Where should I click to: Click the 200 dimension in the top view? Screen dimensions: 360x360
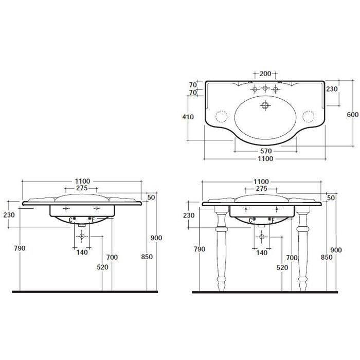click(x=265, y=74)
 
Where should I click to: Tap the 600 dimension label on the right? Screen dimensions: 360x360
click(x=352, y=114)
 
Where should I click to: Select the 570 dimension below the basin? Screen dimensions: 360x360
click(x=266, y=151)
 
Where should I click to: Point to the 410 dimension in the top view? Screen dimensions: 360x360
click(x=188, y=117)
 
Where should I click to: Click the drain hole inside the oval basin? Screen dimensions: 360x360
click(x=265, y=105)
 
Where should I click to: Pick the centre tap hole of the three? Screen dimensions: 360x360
click(x=265, y=87)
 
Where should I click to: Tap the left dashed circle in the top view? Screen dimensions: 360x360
click(x=221, y=116)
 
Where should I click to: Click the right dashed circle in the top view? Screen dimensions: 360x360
click(x=309, y=116)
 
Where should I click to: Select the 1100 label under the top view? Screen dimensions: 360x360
click(x=265, y=158)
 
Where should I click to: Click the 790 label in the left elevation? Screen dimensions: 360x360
click(x=20, y=248)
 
